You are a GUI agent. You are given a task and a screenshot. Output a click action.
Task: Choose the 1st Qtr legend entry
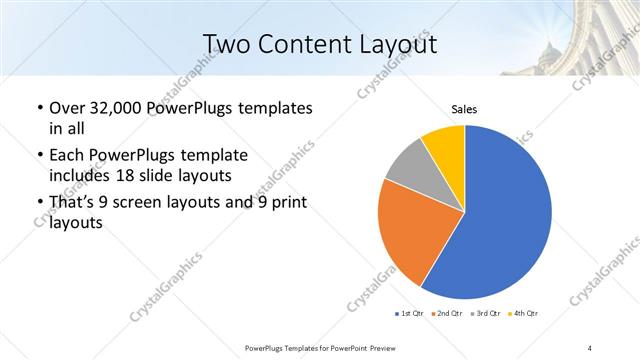410,314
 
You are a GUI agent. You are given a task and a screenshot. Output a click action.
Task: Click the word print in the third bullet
285,204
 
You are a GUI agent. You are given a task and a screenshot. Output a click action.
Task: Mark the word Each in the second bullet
66,156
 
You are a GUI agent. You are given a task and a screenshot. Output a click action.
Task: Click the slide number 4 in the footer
590,347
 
